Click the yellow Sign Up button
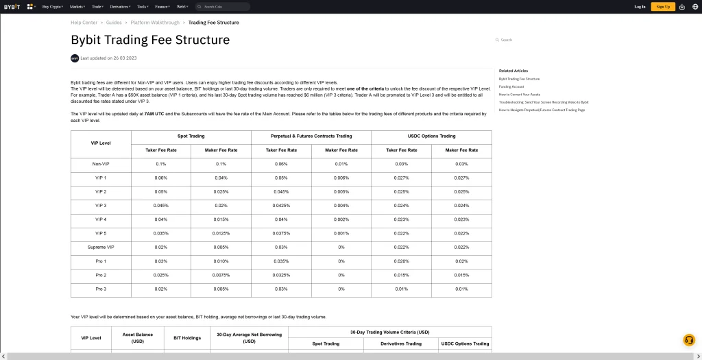click(x=663, y=6)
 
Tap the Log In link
click(x=640, y=6)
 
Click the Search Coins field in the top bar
click(x=222, y=6)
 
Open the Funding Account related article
click(x=511, y=86)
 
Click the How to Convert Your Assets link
click(x=520, y=95)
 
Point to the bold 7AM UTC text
click(x=154, y=113)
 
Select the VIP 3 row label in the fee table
click(x=101, y=206)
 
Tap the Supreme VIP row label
click(x=101, y=247)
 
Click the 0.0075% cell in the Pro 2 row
click(x=221, y=275)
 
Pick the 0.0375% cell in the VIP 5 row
click(x=281, y=233)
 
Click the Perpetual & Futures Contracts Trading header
click(x=311, y=136)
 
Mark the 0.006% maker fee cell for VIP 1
click(x=341, y=178)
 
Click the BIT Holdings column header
click(x=187, y=338)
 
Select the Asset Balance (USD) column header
click(x=138, y=338)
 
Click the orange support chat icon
click(x=689, y=341)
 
